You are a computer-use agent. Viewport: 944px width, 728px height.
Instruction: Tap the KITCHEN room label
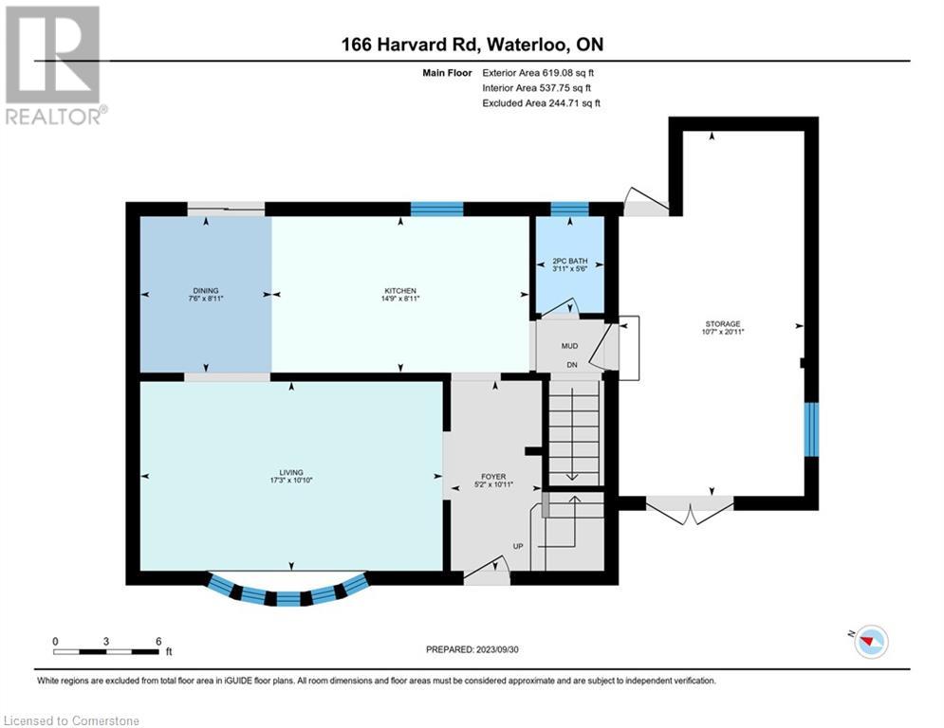(x=400, y=291)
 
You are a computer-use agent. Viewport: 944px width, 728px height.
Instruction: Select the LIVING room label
(x=290, y=472)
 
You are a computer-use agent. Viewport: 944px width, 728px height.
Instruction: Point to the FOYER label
(x=493, y=477)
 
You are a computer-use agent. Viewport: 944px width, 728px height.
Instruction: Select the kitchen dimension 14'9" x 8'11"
(x=400, y=299)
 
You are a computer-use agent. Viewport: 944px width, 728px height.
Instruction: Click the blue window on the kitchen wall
(x=436, y=209)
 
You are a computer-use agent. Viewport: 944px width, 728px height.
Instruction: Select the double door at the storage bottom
(x=690, y=512)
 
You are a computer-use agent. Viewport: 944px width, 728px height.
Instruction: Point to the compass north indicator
(x=869, y=642)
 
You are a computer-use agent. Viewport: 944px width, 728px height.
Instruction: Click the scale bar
(x=106, y=649)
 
